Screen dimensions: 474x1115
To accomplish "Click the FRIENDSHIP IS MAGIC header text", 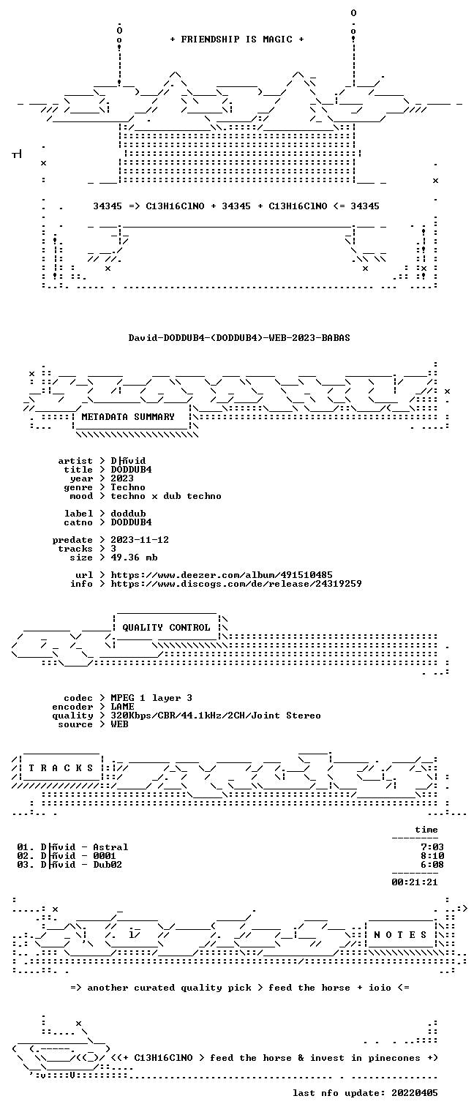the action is point(236,40).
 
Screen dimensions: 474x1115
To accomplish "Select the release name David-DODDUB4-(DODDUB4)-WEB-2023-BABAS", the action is point(239,338).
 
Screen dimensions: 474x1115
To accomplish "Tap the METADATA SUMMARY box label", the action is point(128,416).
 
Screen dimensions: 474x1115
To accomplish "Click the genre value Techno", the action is point(128,487).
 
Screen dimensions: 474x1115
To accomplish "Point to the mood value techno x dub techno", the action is point(166,496).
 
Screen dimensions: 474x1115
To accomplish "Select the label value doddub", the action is point(128,514).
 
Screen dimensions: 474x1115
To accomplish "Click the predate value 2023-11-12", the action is point(140,540).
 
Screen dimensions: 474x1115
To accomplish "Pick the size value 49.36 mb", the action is point(134,557).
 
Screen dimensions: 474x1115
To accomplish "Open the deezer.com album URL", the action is point(222,575).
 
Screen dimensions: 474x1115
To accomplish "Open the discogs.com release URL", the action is point(236,584).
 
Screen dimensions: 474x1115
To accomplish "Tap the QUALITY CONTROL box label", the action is point(166,628).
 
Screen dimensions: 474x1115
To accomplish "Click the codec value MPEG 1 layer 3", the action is point(151,699).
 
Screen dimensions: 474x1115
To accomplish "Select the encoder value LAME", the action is point(122,707).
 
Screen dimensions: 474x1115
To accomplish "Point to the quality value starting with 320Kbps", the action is point(216,716).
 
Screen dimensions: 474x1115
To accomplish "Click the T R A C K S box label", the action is point(61,768).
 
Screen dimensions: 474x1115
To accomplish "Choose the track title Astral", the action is point(110,847).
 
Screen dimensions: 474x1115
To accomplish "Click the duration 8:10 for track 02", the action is point(432,856).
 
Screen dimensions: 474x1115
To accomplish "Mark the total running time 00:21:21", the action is point(415,882).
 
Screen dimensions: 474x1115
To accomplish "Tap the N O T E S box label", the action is point(400,935).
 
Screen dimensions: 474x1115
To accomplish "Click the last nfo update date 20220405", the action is point(415,1093).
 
